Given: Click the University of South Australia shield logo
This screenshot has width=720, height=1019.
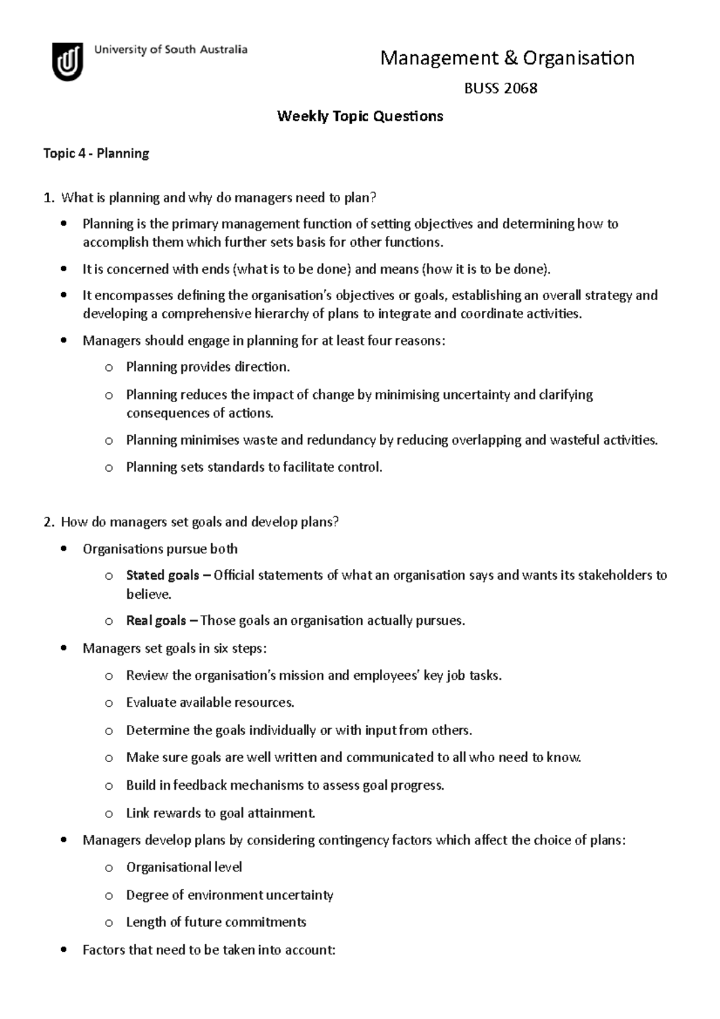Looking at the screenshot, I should click(67, 61).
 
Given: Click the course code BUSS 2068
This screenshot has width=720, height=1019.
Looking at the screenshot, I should click(500, 88).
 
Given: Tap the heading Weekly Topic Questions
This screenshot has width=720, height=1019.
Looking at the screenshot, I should click(360, 116).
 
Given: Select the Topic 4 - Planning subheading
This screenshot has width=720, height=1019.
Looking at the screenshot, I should click(96, 154).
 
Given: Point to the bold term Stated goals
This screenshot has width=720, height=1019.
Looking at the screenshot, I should click(163, 576).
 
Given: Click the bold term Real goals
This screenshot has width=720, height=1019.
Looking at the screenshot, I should click(156, 621).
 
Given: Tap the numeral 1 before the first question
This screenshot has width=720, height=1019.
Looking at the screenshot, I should click(48, 198).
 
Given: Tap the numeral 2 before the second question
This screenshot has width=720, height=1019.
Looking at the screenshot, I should click(48, 522).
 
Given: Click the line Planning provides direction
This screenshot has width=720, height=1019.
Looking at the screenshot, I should click(208, 367).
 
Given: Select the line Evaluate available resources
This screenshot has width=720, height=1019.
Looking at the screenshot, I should click(210, 703).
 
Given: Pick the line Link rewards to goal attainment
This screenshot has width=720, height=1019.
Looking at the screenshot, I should click(220, 813).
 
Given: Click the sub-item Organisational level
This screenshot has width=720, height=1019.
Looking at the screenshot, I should click(184, 867).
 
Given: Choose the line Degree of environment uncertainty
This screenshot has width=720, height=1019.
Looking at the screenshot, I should click(229, 895).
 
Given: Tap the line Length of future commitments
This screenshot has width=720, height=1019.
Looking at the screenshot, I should click(216, 922).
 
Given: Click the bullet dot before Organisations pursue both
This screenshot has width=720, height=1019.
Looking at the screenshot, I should click(64, 549).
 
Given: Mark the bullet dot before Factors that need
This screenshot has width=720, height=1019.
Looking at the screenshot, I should click(64, 950).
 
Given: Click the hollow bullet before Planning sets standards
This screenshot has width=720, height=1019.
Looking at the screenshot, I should click(109, 467).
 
